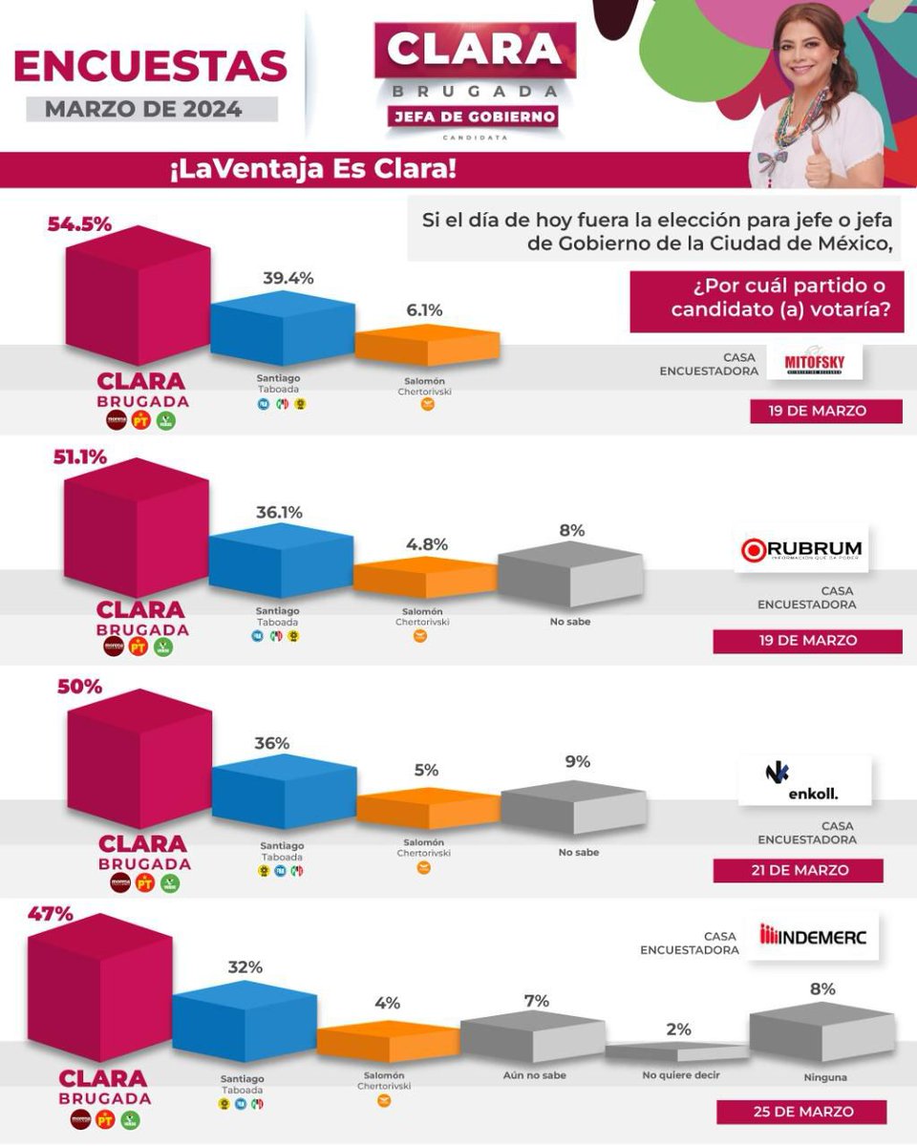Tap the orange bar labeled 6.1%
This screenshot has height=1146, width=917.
point(427,345)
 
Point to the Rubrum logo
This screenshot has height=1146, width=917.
point(801,549)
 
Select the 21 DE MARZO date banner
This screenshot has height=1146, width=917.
point(798,870)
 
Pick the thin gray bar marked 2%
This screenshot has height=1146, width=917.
point(677,1051)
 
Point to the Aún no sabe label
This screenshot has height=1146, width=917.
point(534,1075)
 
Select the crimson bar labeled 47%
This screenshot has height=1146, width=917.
point(100,993)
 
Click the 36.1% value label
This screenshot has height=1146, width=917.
point(279,513)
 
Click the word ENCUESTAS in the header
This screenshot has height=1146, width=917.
point(151,66)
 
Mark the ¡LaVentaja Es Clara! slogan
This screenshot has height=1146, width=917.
point(312,171)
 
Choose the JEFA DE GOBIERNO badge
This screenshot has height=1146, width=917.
point(472,117)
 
